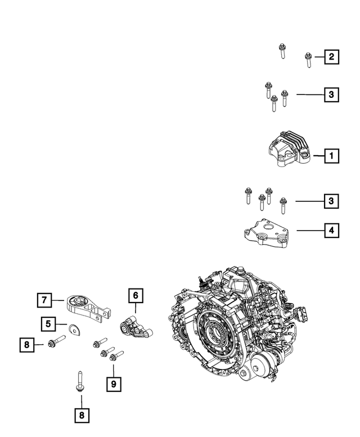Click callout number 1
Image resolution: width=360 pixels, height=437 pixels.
(x=331, y=155)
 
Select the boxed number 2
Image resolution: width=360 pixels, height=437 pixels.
(x=331, y=57)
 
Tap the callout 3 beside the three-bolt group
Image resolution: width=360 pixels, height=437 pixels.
(x=331, y=95)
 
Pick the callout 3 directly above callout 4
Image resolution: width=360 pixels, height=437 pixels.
(x=331, y=201)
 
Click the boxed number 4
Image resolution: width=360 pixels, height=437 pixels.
(x=331, y=230)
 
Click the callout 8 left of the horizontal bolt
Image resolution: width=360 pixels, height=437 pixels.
(x=26, y=344)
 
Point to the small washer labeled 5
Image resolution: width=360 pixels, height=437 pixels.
(x=73, y=327)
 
